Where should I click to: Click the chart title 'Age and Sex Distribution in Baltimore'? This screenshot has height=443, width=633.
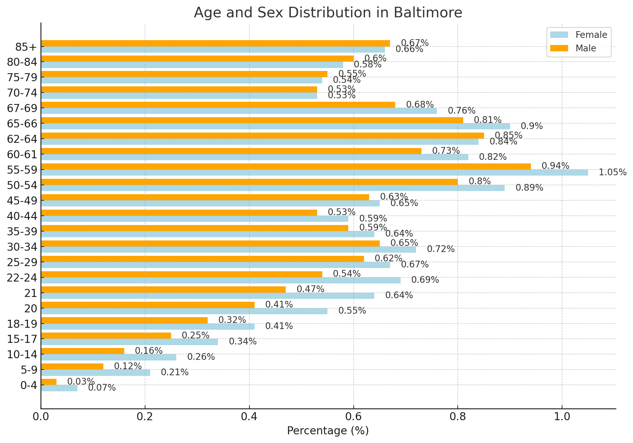328,13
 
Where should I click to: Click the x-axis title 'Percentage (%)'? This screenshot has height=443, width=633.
328,430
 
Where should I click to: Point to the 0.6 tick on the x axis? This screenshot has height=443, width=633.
353,417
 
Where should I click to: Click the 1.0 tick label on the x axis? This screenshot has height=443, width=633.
562,417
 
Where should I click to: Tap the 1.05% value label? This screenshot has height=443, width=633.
612,172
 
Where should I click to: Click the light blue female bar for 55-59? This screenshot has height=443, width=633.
315,173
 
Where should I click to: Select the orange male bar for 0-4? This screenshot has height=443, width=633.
49,382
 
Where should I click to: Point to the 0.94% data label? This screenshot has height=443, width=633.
555,166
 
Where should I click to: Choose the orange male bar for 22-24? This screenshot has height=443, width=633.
181,274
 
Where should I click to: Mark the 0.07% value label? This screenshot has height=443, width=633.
102,388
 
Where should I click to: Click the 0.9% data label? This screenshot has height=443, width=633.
532,126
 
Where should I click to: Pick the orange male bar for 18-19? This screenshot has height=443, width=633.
124,320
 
